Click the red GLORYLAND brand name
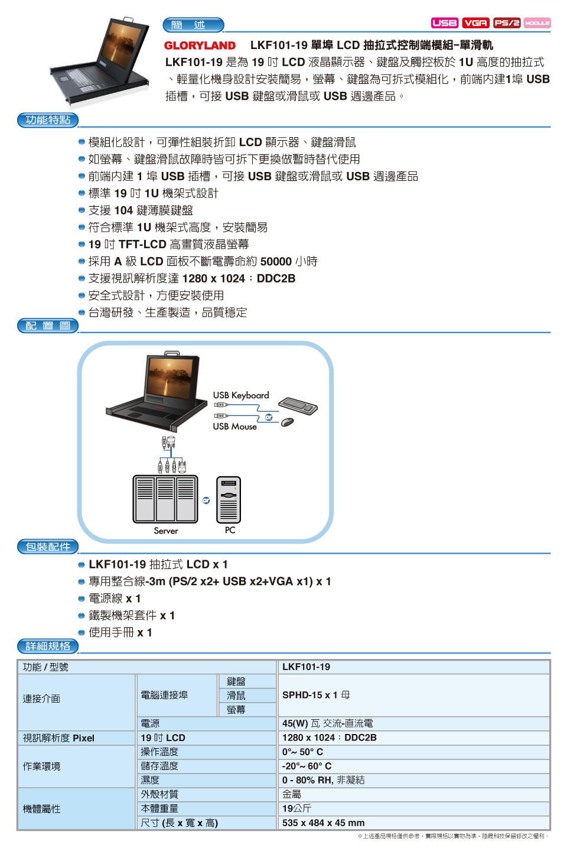tap(200, 46)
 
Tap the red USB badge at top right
tap(445, 23)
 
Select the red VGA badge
tap(476, 23)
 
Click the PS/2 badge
tap(507, 23)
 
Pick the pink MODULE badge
tap(537, 23)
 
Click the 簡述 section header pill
tap(193, 25)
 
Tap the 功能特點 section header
tap(48, 120)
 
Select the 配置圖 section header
tap(48, 326)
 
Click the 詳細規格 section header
tap(48, 646)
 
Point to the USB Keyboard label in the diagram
tap(241, 395)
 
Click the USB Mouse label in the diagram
tap(234, 426)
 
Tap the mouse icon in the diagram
tap(288, 422)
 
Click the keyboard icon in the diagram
tap(298, 406)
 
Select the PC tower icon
tap(229, 499)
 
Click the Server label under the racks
tap(166, 531)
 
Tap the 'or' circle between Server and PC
tap(206, 501)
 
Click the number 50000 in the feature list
tap(276, 261)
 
